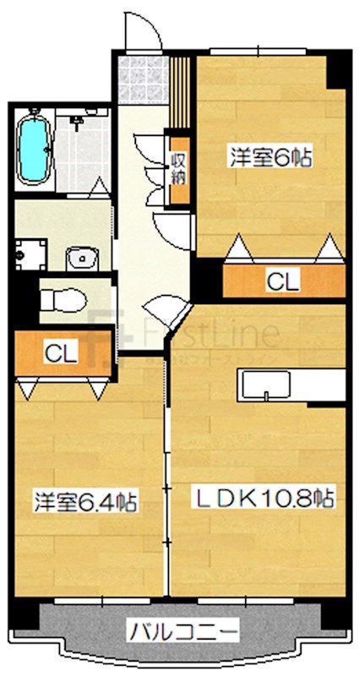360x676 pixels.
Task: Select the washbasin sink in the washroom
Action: coord(81,257)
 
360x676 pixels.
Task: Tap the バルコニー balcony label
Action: coord(183,630)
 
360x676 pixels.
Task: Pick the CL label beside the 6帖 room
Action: coord(282,281)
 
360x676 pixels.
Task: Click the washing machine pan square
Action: coord(29,254)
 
